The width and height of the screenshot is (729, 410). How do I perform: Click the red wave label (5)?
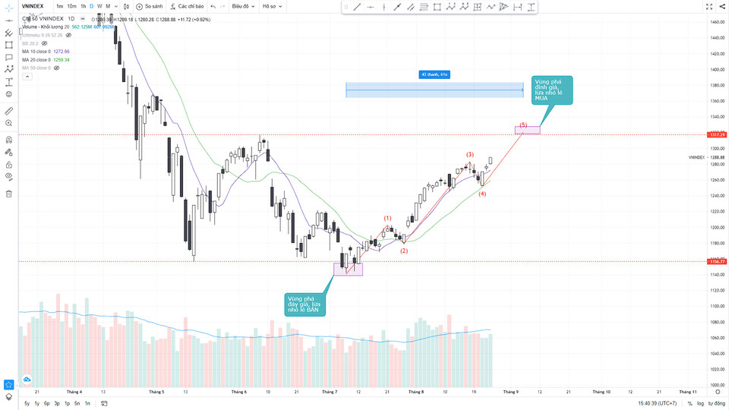click(x=523, y=125)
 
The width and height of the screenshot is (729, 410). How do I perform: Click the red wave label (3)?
click(x=470, y=155)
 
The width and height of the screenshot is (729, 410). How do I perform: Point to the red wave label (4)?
click(x=482, y=194)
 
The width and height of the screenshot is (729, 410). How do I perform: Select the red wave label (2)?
click(x=404, y=251)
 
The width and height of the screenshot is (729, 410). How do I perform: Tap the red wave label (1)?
click(x=387, y=219)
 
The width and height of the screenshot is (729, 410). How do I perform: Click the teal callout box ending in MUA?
click(x=552, y=90)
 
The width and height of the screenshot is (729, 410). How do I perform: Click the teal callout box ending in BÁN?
click(x=306, y=304)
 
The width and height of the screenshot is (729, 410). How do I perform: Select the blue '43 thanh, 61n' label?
click(x=436, y=74)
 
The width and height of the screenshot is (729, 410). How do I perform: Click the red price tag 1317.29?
click(x=718, y=134)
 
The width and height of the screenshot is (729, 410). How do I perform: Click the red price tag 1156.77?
click(x=718, y=261)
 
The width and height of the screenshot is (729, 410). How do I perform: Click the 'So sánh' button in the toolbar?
click(x=149, y=6)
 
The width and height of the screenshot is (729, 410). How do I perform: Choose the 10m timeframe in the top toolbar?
click(x=71, y=6)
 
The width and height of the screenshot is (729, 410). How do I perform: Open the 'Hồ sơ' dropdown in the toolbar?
click(x=270, y=6)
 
